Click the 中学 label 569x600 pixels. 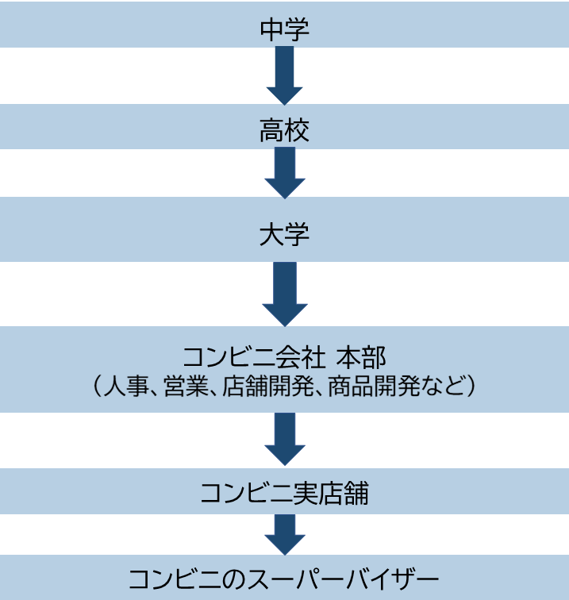[284, 29]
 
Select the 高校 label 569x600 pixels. [284, 131]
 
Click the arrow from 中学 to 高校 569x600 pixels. [284, 76]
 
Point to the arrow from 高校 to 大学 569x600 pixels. [284, 173]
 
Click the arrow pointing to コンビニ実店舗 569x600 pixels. [284, 439]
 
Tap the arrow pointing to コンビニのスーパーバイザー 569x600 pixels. [284, 535]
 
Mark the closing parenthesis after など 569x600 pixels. [471, 387]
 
